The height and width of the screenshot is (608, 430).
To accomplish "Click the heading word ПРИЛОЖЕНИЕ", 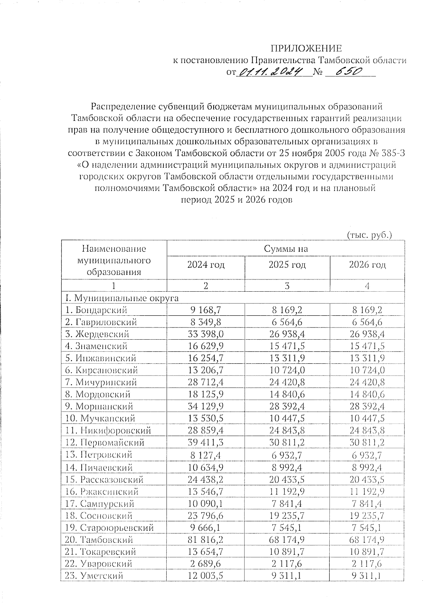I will [x=306, y=48].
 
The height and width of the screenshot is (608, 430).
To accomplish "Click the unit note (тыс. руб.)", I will [x=369, y=235].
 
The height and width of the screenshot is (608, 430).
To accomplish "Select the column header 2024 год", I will [x=206, y=265].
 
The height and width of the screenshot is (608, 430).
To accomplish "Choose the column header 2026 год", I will [x=367, y=265].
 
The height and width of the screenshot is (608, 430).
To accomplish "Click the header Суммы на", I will [x=286, y=249].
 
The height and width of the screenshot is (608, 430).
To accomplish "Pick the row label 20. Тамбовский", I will [x=99, y=540].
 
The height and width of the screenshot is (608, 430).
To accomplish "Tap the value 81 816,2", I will [x=206, y=540].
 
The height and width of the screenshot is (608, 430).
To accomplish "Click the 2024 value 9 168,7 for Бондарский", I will [x=206, y=310].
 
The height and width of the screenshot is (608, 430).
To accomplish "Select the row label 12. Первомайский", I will [x=105, y=442].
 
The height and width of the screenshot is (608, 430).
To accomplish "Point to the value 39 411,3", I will [x=206, y=442].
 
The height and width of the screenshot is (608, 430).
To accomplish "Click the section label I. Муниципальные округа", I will [x=121, y=298].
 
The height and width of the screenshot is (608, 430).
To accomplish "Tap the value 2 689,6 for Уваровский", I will [x=206, y=564].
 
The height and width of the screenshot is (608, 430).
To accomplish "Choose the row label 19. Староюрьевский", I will [x=109, y=527].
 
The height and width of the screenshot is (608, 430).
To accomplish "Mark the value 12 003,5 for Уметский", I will [x=206, y=576].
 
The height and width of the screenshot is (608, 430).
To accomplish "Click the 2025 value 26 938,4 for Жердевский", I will [x=287, y=334].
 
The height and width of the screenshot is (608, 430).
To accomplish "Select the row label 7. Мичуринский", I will [x=101, y=382].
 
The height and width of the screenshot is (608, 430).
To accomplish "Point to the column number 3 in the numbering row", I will [x=287, y=286].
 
